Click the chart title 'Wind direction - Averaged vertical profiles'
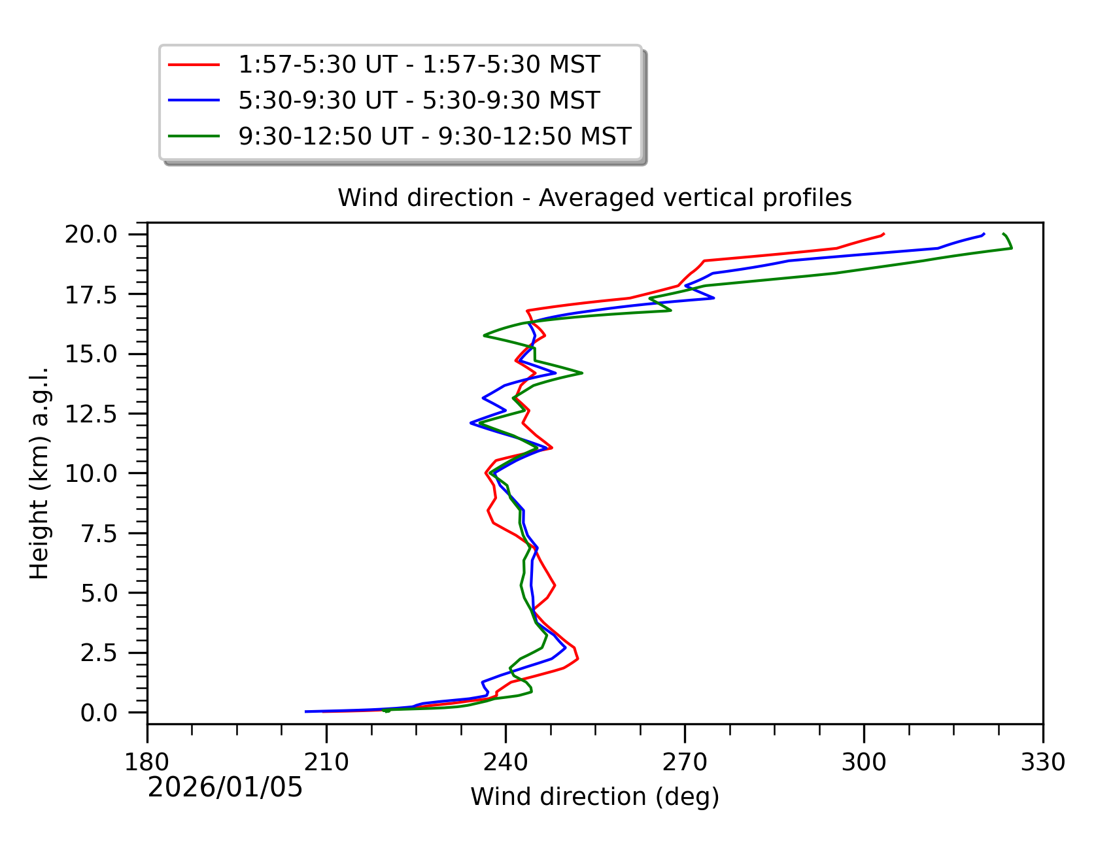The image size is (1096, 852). tap(594, 197)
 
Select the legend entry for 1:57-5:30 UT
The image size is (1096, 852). tap(419, 64)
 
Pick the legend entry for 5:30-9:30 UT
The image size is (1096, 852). tap(419, 100)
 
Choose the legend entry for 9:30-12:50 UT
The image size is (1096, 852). tap(434, 136)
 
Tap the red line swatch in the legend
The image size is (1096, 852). tap(194, 64)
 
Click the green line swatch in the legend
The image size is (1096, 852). tap(194, 136)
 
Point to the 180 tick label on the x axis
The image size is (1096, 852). tap(147, 762)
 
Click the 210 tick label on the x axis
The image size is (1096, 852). tap(326, 762)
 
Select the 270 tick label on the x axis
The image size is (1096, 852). tap(685, 762)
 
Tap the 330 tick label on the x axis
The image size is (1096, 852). tap(1042, 762)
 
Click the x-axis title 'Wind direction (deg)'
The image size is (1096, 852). tap(594, 797)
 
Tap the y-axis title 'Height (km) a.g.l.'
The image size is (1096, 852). tap(39, 473)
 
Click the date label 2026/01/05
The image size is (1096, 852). tap(225, 787)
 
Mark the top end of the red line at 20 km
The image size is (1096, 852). tap(884, 233)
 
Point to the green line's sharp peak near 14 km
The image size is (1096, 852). tap(581, 373)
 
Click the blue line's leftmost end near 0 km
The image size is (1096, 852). tap(306, 711)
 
